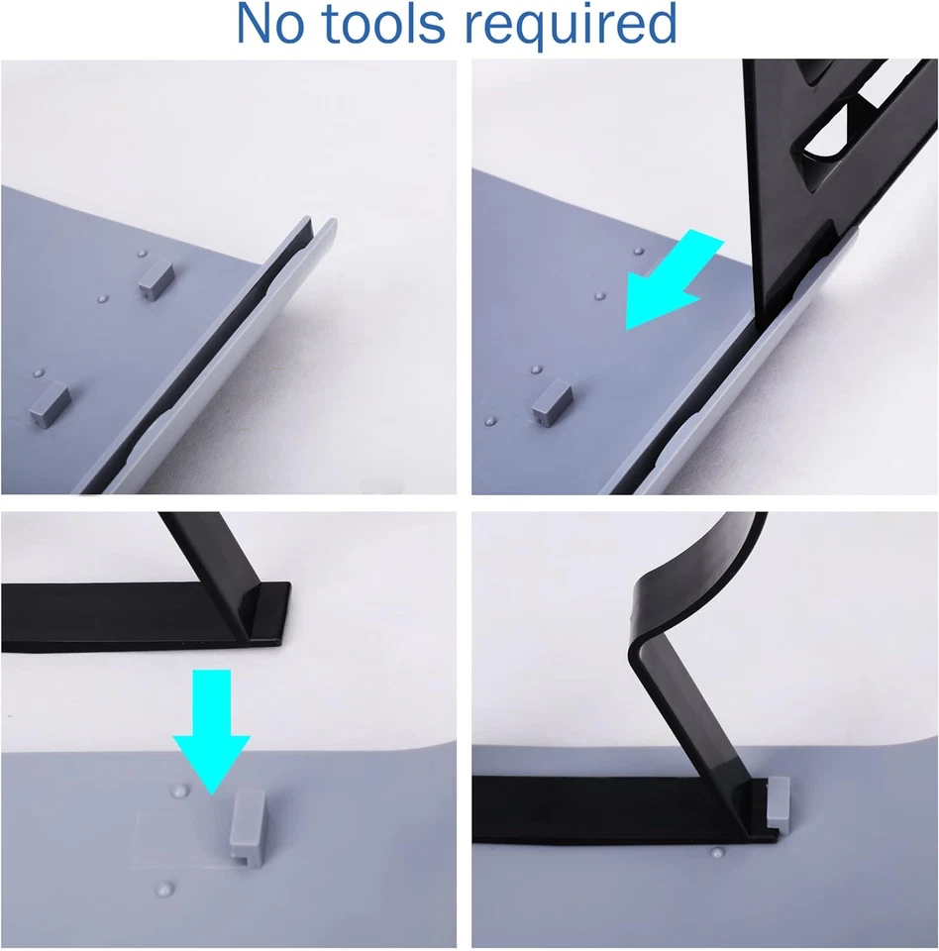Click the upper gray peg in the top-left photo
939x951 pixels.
tap(154, 278)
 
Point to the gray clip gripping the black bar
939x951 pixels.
tap(779, 801)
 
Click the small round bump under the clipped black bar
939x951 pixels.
tap(715, 851)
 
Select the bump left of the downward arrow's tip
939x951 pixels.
tap(179, 792)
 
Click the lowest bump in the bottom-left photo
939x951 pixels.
tap(167, 888)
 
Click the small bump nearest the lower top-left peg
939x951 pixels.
tap(39, 373)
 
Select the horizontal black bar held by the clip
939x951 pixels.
tap(614, 808)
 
